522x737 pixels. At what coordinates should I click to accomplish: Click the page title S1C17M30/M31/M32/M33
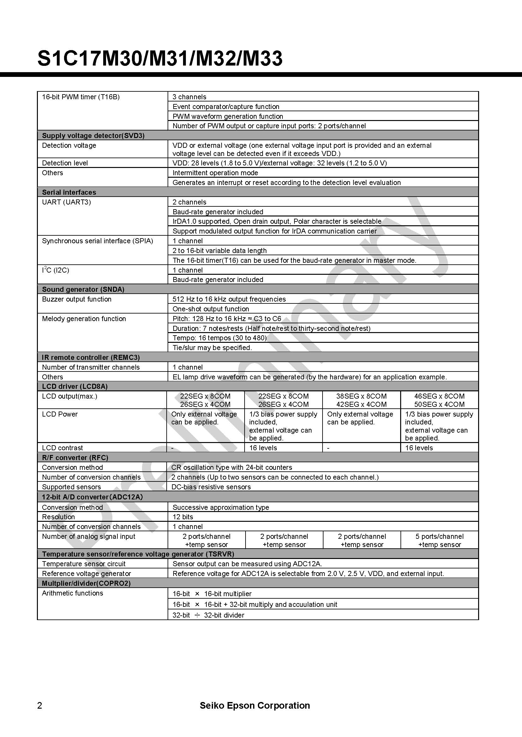160,58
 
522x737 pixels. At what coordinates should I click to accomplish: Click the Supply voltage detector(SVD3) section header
93,135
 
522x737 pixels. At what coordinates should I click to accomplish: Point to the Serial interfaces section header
69,192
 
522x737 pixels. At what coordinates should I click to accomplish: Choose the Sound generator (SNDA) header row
83,289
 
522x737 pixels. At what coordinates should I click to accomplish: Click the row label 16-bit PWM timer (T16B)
81,97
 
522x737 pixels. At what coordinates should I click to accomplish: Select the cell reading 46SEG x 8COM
439,396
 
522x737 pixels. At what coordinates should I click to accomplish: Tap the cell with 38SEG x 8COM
361,396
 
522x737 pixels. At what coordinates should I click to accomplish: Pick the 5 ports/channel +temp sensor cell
439,540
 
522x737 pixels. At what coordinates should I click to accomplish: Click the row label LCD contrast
62,448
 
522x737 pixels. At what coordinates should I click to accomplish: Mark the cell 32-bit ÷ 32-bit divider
208,615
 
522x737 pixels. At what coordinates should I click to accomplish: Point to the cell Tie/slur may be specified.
212,348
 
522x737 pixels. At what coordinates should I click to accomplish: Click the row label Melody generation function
84,319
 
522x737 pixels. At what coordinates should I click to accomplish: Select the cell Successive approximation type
221,507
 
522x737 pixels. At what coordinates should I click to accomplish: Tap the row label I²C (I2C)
56,270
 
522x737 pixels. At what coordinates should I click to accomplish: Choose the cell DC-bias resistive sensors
211,487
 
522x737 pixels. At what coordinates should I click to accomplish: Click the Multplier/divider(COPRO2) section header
86,583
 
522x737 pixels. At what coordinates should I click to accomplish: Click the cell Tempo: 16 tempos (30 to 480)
220,338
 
